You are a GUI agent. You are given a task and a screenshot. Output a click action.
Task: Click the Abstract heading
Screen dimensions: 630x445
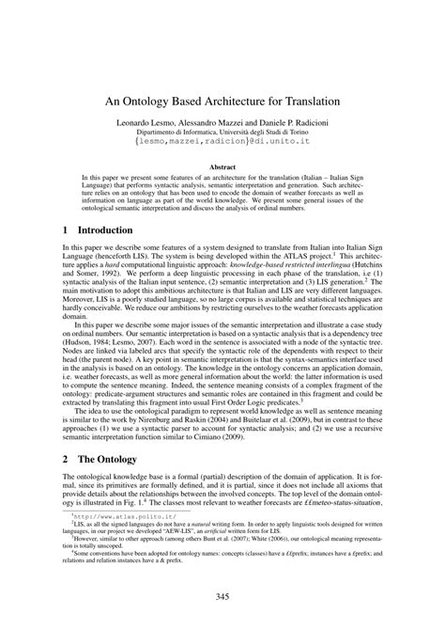(x=222, y=166)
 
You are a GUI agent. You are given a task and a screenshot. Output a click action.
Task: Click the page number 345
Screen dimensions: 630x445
(x=222, y=597)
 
